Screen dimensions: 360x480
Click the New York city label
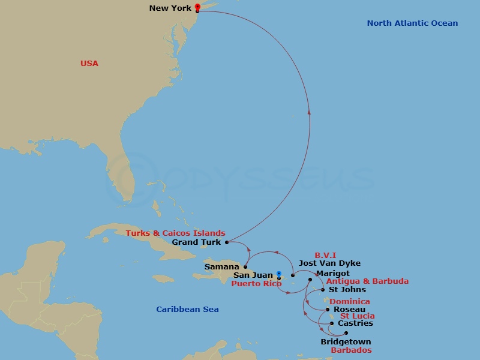click(x=170, y=8)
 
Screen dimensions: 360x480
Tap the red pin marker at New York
click(x=197, y=7)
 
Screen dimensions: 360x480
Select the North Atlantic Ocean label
click(x=412, y=23)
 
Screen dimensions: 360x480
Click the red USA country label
click(x=89, y=64)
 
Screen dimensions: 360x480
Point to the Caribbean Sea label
click(x=187, y=310)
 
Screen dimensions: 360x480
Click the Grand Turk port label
click(x=196, y=242)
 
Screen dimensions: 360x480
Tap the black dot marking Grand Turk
click(x=227, y=242)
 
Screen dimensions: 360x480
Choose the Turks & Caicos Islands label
click(x=175, y=233)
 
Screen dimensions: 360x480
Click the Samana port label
click(x=222, y=266)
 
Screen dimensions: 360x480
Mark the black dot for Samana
click(x=245, y=266)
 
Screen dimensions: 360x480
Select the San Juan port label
click(x=253, y=275)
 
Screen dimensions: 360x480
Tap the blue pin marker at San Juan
click(x=279, y=274)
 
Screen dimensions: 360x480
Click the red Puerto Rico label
click(x=256, y=284)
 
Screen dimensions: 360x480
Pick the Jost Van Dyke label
click(x=329, y=263)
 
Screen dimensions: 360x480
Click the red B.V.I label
click(x=326, y=255)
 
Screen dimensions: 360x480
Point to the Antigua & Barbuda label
click(x=367, y=281)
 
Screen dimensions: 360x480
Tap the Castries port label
click(x=355, y=323)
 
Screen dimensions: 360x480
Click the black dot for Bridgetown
click(x=346, y=333)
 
